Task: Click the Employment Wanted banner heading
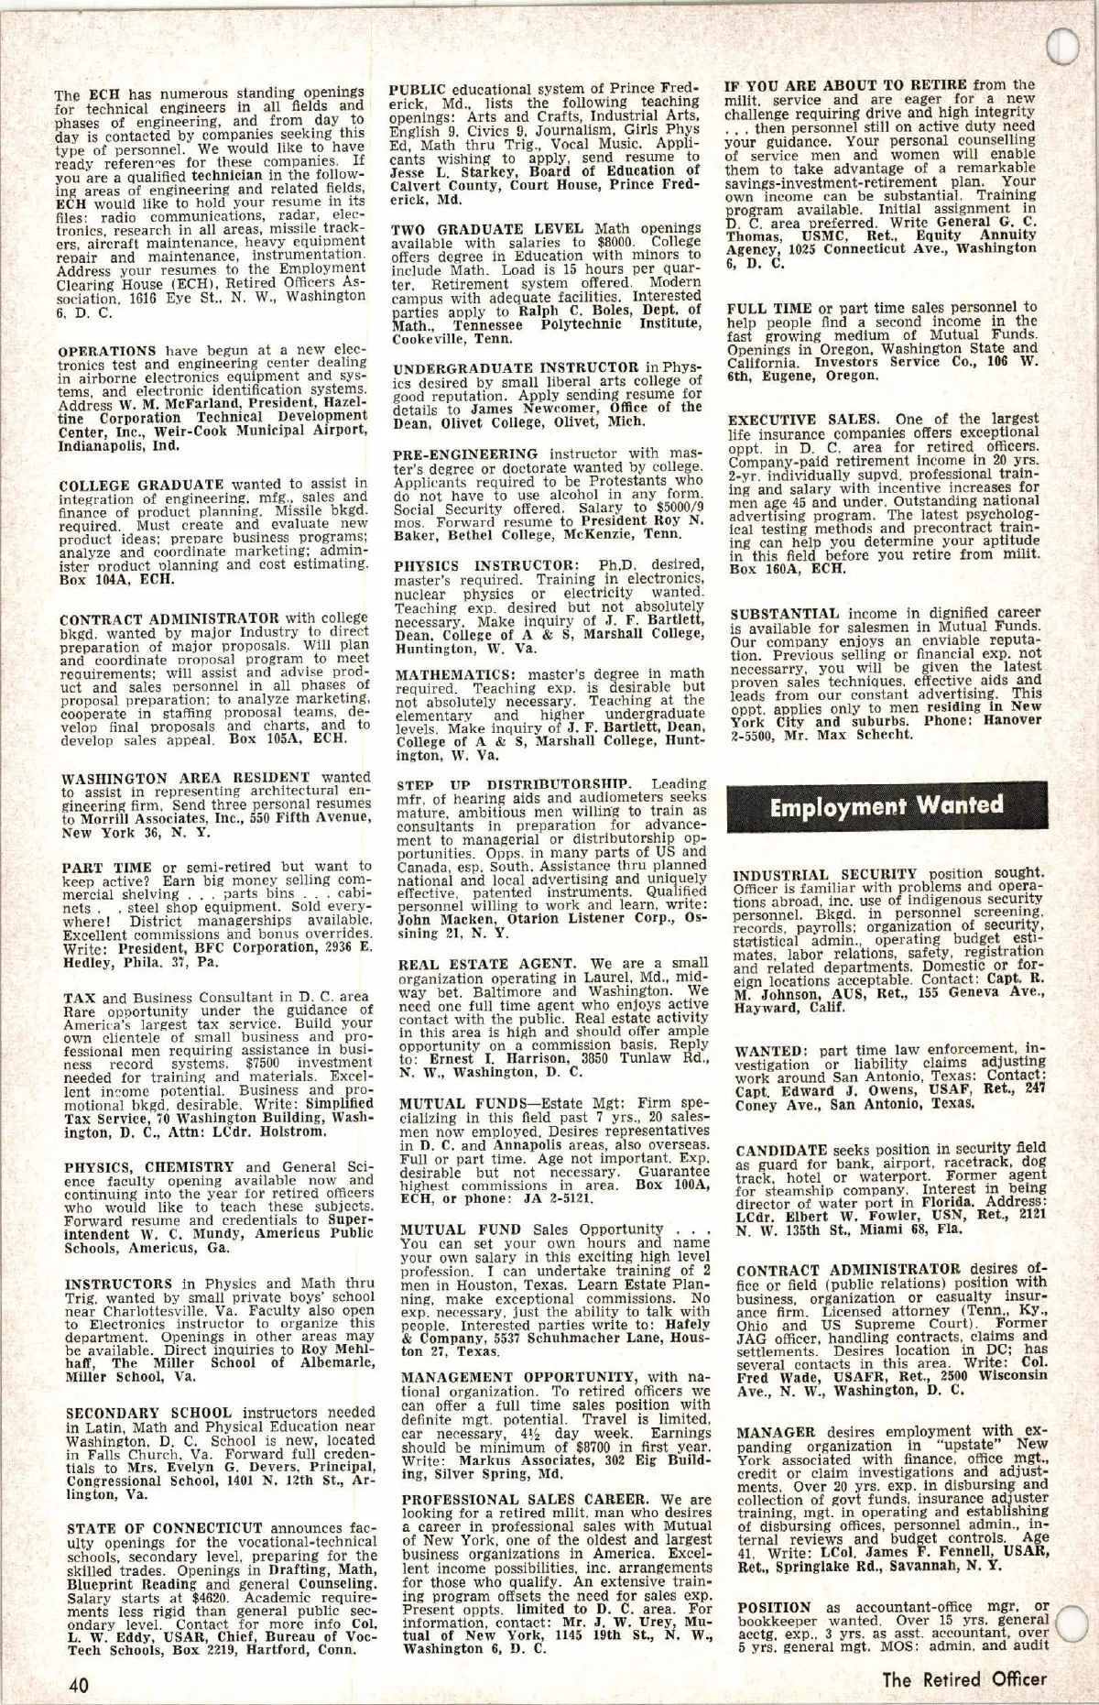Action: point(886,806)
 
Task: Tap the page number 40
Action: point(78,1684)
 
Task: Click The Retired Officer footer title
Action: point(963,1680)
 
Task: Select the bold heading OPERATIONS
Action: point(107,351)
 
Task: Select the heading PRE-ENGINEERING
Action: point(465,454)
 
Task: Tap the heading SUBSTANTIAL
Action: point(785,613)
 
